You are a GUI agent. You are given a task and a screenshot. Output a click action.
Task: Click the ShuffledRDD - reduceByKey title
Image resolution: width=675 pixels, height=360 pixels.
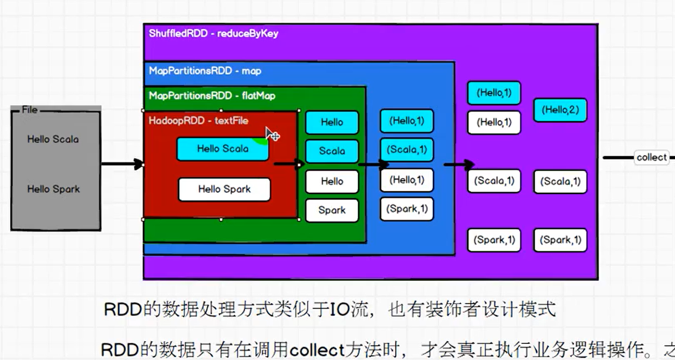coord(213,34)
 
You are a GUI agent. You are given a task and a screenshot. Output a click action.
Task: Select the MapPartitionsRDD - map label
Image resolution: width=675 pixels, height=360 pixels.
coord(205,71)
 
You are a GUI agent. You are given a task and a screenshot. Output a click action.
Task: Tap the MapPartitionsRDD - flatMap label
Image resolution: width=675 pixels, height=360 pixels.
coord(212,96)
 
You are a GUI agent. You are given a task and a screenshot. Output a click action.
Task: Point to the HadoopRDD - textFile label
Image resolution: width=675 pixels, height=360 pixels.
coord(198,121)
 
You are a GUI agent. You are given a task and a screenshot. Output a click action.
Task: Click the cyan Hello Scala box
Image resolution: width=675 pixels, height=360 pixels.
coord(223,149)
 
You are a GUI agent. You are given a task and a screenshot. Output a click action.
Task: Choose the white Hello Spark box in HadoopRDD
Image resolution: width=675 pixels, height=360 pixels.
coord(224,189)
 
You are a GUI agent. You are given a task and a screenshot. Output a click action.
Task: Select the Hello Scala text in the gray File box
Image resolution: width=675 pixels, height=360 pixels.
coord(53,140)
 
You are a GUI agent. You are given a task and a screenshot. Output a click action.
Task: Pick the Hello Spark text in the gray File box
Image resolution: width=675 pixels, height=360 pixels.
coord(53,189)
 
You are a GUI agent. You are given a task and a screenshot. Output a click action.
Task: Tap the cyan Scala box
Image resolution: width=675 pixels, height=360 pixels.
coord(332,151)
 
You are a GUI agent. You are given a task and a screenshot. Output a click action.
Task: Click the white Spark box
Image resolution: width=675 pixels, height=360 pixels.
coord(332,210)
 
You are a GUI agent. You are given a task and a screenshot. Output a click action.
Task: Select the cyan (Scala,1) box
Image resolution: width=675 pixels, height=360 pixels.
coord(406,150)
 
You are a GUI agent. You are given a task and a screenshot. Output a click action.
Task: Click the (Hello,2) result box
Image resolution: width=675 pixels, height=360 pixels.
coord(560,110)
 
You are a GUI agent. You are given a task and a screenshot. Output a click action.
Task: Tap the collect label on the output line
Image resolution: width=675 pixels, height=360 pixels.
coord(651,158)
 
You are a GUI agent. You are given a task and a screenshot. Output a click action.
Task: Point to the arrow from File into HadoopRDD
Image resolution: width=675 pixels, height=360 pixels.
coord(122,164)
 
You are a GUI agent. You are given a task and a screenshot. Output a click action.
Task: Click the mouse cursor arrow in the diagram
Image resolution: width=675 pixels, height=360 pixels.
coord(270,133)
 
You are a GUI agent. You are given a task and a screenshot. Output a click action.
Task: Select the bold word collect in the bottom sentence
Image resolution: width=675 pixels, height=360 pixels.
coord(317,350)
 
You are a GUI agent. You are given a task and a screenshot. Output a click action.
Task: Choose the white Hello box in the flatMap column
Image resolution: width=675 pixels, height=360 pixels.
coord(332,182)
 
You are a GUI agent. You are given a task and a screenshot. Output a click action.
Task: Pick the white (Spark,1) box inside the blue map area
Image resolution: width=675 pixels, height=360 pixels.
coord(406,209)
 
